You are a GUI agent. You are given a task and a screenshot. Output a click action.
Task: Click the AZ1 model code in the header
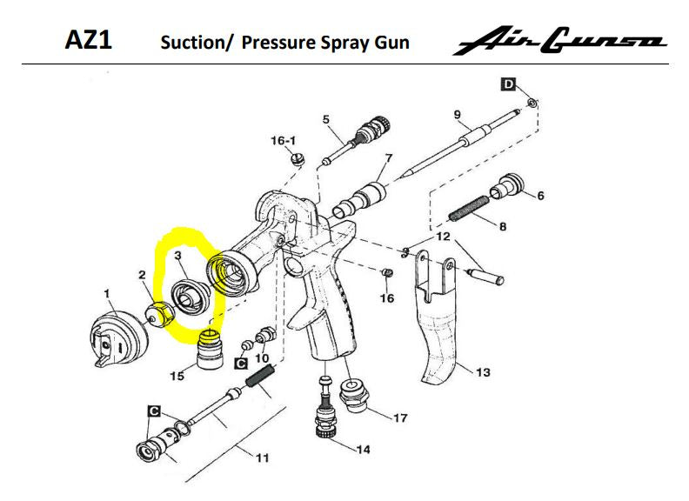(89, 40)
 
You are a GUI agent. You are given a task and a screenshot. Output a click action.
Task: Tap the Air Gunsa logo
(559, 41)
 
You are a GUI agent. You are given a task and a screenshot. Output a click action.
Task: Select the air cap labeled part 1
(117, 336)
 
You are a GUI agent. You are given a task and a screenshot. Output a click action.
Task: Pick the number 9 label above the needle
(456, 114)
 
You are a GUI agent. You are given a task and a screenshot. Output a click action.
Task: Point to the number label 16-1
(284, 140)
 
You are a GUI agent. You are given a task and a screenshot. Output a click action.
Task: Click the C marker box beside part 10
(243, 363)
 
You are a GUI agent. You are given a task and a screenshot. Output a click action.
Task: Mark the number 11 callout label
(261, 458)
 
